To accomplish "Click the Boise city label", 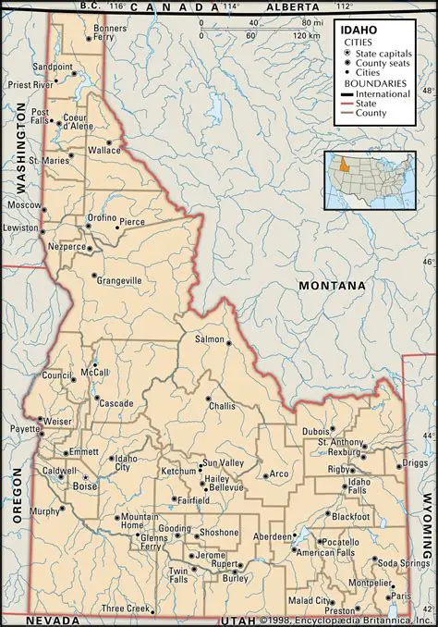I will coord(85,486).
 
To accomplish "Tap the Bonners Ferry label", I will coord(110,33).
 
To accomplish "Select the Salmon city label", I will coord(209,339).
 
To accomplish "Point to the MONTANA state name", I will coord(332,287).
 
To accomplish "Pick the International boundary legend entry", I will coord(383,94).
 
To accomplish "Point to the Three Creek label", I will coord(126,609).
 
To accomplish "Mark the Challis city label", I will coord(222,406).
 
